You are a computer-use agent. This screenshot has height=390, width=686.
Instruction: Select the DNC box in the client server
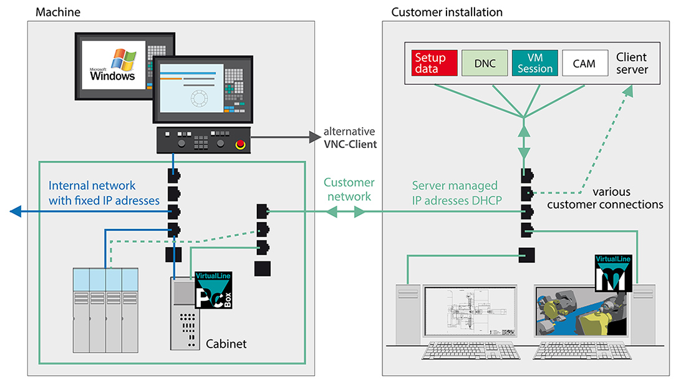(485, 63)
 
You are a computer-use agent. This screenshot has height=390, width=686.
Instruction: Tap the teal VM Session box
(534, 63)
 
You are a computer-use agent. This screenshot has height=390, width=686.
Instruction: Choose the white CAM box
(584, 63)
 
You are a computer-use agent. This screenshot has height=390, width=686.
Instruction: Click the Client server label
(631, 63)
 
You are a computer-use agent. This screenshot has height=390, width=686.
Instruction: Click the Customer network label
(349, 189)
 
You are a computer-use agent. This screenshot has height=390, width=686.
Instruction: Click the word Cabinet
(226, 343)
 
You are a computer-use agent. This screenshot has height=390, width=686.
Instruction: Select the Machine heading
(58, 12)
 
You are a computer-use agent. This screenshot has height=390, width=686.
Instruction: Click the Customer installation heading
(447, 12)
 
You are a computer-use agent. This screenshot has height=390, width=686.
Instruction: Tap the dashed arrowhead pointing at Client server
(629, 92)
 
